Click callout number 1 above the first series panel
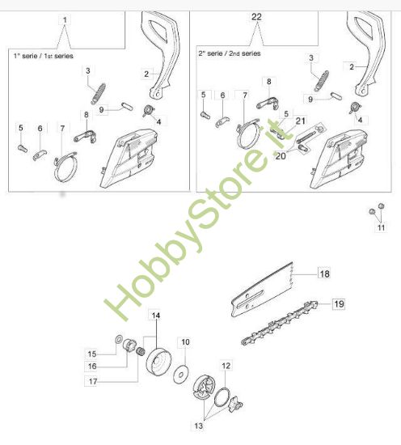[x=65, y=18]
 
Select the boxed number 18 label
[x=323, y=273]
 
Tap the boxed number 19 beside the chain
[x=339, y=304]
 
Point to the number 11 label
[x=380, y=229]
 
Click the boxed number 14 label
[x=156, y=315]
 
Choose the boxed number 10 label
[x=184, y=342]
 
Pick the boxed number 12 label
[x=226, y=367]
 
